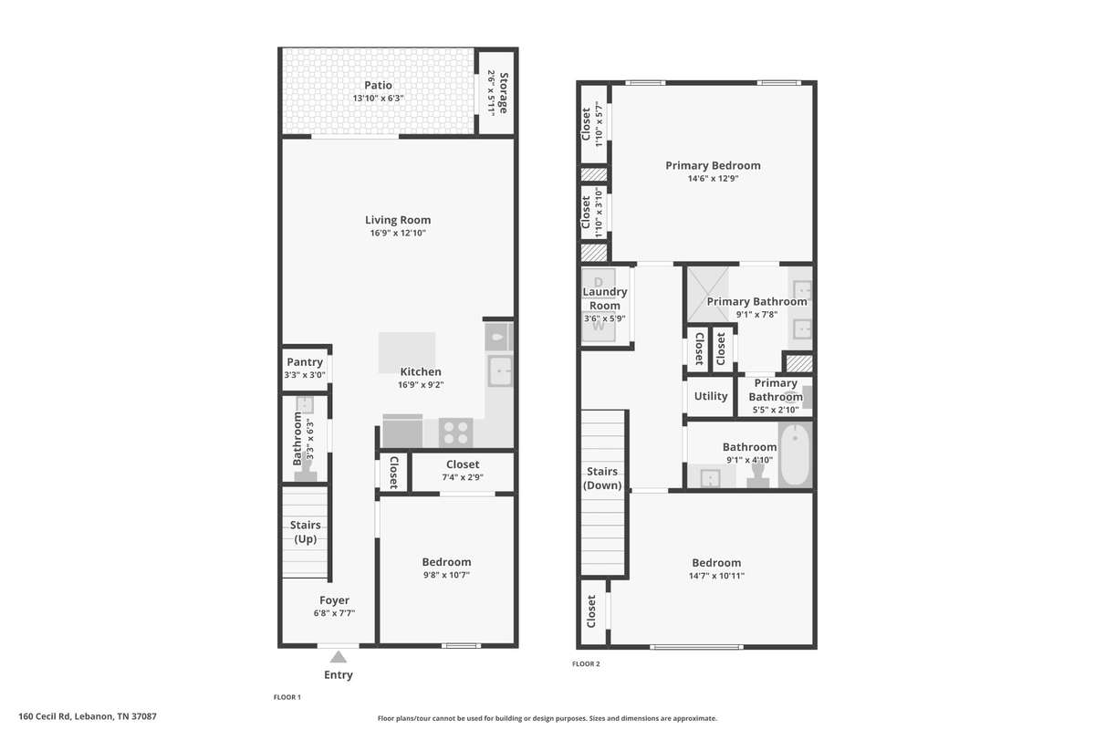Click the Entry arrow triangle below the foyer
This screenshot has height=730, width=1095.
click(x=339, y=657)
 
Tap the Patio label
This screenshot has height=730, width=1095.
click(x=378, y=85)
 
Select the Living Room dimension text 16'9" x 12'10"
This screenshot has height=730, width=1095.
click(x=398, y=234)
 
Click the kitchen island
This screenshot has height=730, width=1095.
click(x=407, y=352)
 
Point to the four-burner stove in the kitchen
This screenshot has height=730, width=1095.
click(x=455, y=433)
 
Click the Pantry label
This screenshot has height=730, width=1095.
click(x=305, y=362)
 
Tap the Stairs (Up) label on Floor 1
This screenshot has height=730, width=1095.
click(x=306, y=532)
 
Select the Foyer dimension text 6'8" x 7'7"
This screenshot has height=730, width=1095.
click(x=334, y=613)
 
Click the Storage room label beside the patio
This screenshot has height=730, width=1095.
click(x=504, y=93)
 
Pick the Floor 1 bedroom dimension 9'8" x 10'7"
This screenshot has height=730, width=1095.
click(x=446, y=575)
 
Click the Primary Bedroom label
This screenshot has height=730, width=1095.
click(x=713, y=166)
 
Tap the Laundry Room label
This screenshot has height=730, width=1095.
click(x=605, y=298)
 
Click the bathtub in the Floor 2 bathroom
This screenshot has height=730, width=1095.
click(x=796, y=454)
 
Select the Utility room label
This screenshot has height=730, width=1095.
click(x=711, y=396)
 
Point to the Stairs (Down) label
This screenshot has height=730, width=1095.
click(x=602, y=478)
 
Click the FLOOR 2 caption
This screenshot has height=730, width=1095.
click(x=586, y=663)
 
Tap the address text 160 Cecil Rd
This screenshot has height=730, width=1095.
click(x=45, y=716)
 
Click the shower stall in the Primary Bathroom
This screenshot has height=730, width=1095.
click(x=708, y=295)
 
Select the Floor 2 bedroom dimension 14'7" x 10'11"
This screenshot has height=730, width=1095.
click(x=716, y=576)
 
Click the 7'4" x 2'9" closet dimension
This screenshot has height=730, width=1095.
click(x=463, y=477)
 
